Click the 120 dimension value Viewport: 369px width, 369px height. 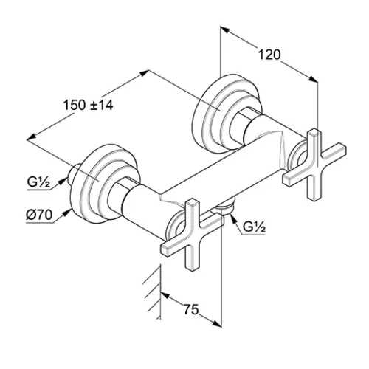click(x=269, y=55)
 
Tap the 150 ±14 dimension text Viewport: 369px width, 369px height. click(x=89, y=105)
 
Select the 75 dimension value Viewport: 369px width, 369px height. click(x=191, y=309)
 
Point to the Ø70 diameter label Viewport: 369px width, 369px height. click(x=39, y=215)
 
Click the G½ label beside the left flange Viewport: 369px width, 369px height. click(x=39, y=182)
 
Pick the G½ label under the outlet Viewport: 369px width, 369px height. click(x=254, y=227)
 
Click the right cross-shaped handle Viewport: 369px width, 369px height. click(x=314, y=165)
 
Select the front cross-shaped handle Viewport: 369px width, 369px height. click(x=193, y=235)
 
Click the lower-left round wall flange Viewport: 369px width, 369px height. click(x=105, y=183)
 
